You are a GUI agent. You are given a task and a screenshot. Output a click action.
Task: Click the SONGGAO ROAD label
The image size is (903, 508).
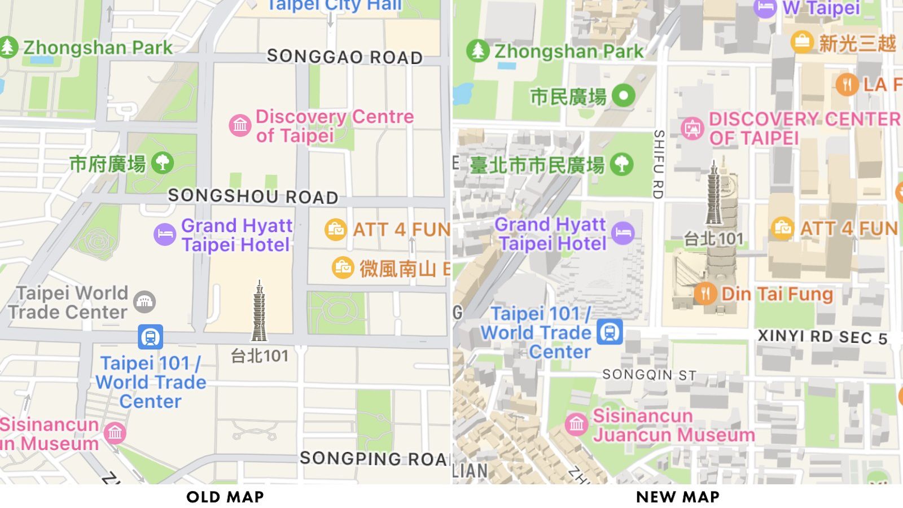point(344,56)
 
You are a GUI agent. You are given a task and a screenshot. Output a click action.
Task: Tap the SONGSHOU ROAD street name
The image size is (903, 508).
point(253,196)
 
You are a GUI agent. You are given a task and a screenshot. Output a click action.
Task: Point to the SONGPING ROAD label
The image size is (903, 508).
point(375,458)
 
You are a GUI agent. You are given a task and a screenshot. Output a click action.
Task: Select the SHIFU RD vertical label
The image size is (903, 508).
point(658,164)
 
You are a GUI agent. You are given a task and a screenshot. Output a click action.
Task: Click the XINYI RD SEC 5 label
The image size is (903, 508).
point(822,337)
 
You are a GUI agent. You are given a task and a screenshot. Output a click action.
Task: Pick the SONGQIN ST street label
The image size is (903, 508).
point(649,375)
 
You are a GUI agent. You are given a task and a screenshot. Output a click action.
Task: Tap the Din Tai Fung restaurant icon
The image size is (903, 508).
point(705,294)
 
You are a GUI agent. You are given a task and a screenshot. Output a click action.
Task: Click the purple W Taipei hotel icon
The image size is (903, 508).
point(765,8)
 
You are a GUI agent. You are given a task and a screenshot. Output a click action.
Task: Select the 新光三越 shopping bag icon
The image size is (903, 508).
point(801,42)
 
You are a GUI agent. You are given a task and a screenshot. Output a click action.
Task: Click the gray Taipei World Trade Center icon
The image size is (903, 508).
point(144,302)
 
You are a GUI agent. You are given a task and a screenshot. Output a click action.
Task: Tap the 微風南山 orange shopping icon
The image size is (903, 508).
point(343,268)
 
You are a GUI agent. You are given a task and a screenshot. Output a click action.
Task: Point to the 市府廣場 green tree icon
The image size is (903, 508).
point(163,163)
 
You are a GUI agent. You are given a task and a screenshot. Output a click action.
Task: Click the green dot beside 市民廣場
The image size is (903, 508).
point(624,95)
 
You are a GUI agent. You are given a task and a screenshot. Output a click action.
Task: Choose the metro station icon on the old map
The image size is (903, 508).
point(150,337)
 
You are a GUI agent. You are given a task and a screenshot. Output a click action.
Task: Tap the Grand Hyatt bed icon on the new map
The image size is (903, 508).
point(623,233)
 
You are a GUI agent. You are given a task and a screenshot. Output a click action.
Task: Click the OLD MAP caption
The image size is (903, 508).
point(225,497)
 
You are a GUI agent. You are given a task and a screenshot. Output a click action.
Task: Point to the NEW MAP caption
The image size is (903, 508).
point(677,497)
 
